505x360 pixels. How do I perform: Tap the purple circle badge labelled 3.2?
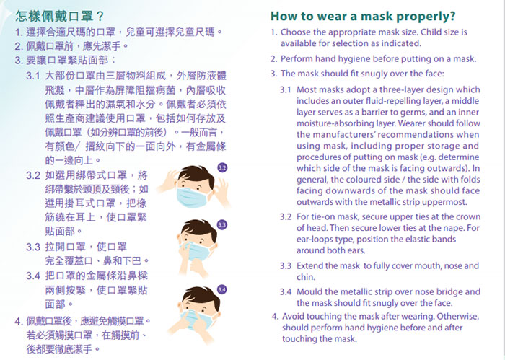pos(222,167)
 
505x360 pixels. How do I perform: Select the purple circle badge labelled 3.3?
pos(222,225)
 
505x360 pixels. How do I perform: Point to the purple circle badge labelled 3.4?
pos(222,289)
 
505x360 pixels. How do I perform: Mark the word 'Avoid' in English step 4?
pos(294,316)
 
